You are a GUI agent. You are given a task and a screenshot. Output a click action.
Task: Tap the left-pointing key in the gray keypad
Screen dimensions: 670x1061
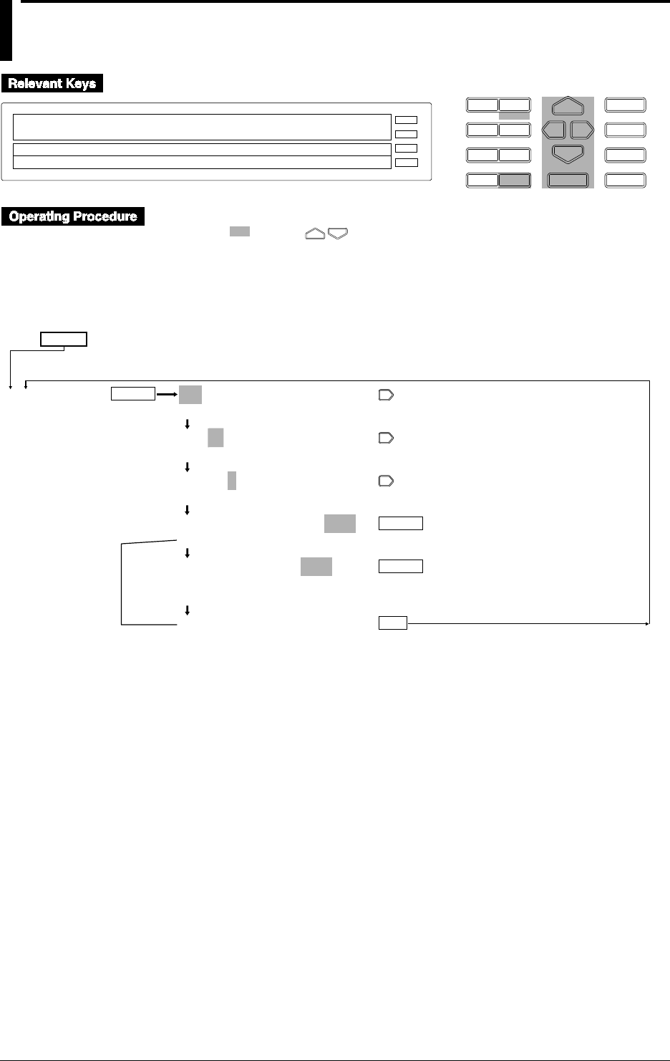tap(554, 130)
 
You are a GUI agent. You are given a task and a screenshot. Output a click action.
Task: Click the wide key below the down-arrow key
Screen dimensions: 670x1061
tap(568, 180)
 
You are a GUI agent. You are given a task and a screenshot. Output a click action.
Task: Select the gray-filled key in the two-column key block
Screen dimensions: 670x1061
tap(515, 181)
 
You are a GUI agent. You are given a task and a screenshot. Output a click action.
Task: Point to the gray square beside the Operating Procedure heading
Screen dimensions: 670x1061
tap(239, 231)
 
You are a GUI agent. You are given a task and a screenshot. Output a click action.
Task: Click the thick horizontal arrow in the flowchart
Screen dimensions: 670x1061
tap(167, 394)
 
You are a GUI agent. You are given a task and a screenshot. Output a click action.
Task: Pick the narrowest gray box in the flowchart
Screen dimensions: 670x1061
tap(232, 480)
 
